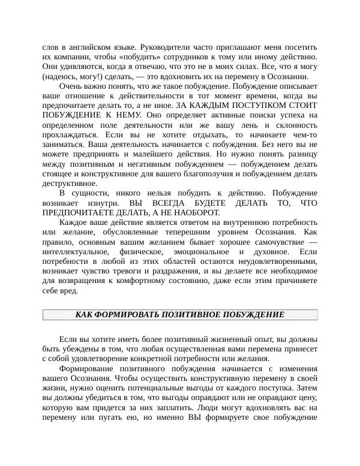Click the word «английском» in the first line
[x=90, y=47]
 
